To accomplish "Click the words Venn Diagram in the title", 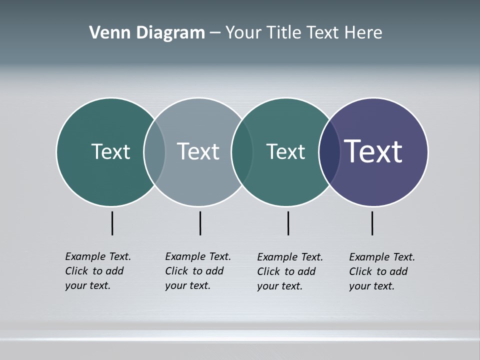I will (x=147, y=33).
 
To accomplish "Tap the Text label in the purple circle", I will (x=373, y=151).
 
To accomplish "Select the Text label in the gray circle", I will (x=198, y=151).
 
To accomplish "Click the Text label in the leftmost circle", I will (x=110, y=151).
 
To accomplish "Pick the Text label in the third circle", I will (x=285, y=151).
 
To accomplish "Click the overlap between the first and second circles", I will (x=154, y=151).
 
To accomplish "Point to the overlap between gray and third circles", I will (x=242, y=151).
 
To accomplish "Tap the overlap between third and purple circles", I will (x=329, y=151).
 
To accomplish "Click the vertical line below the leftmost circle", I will (x=112, y=223).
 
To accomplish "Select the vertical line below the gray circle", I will (x=200, y=223).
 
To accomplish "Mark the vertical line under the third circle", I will (x=288, y=223).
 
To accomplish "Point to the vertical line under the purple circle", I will (x=372, y=223).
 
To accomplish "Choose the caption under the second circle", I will (x=198, y=271).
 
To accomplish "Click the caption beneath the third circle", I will (x=290, y=271).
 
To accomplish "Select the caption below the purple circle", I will (x=382, y=271).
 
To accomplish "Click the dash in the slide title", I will (x=215, y=33).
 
